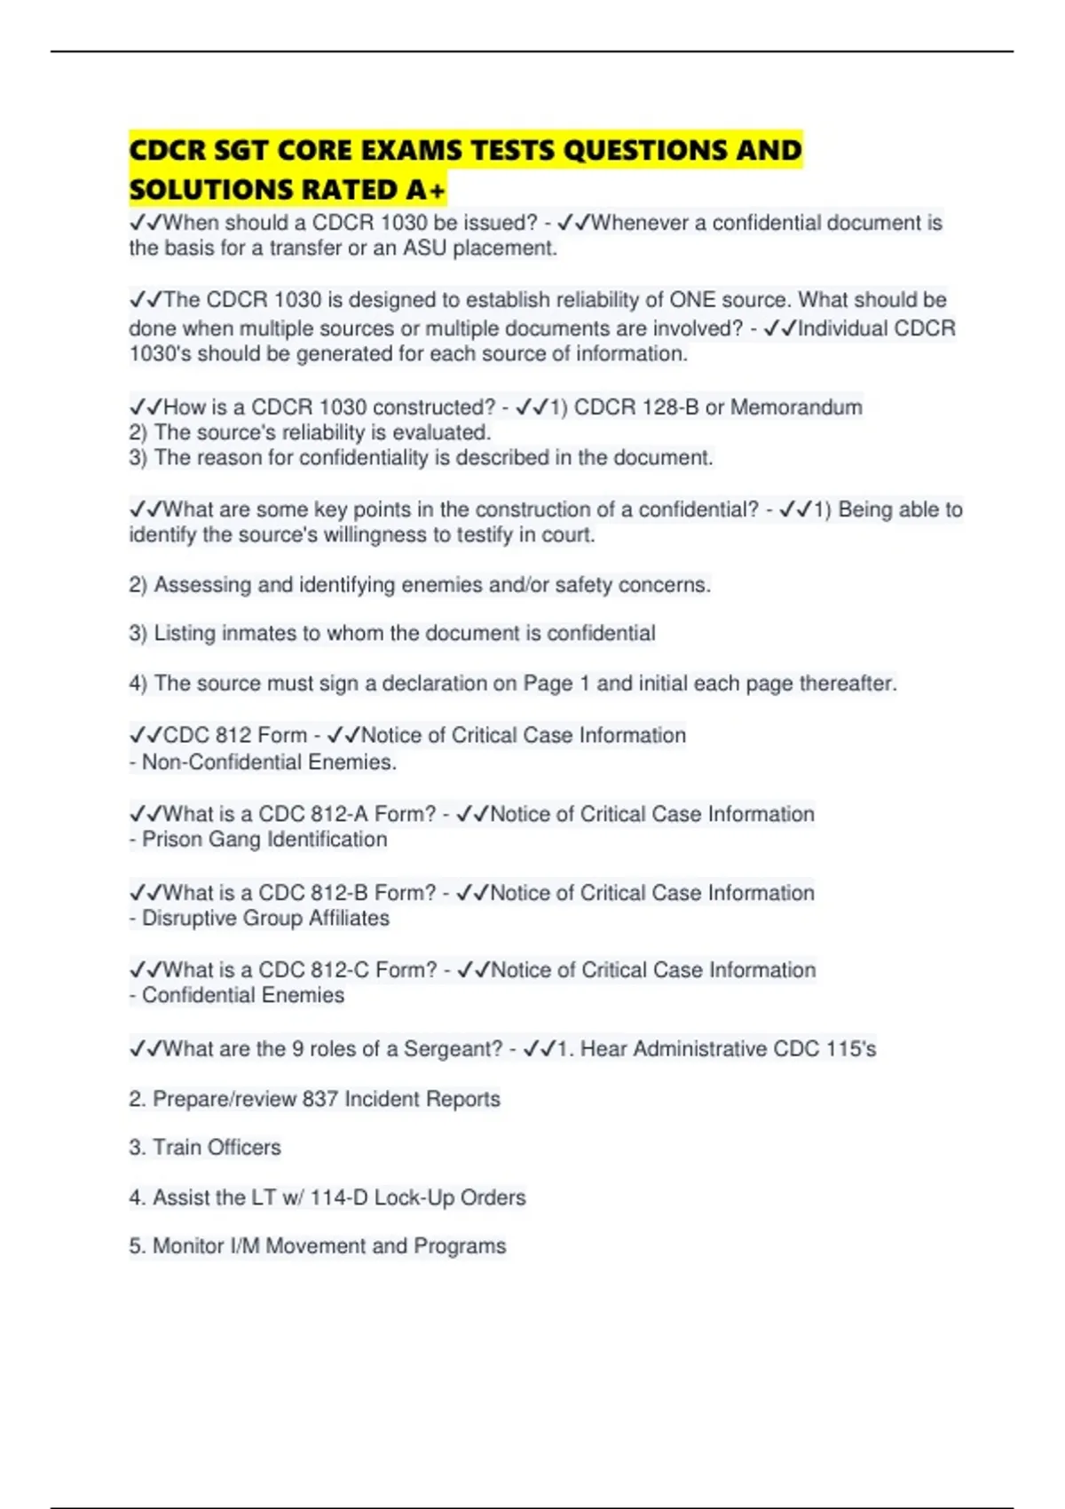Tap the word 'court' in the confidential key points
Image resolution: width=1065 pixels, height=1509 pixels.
click(568, 534)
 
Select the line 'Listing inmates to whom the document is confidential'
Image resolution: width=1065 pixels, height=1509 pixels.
click(391, 633)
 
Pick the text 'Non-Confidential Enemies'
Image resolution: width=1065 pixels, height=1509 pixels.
click(268, 762)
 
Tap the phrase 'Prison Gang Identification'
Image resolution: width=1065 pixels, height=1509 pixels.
click(264, 840)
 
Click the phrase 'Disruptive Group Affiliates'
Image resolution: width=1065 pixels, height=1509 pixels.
click(265, 918)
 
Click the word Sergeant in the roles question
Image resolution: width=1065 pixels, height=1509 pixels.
click(452, 1049)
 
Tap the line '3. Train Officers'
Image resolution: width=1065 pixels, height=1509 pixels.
click(205, 1148)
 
